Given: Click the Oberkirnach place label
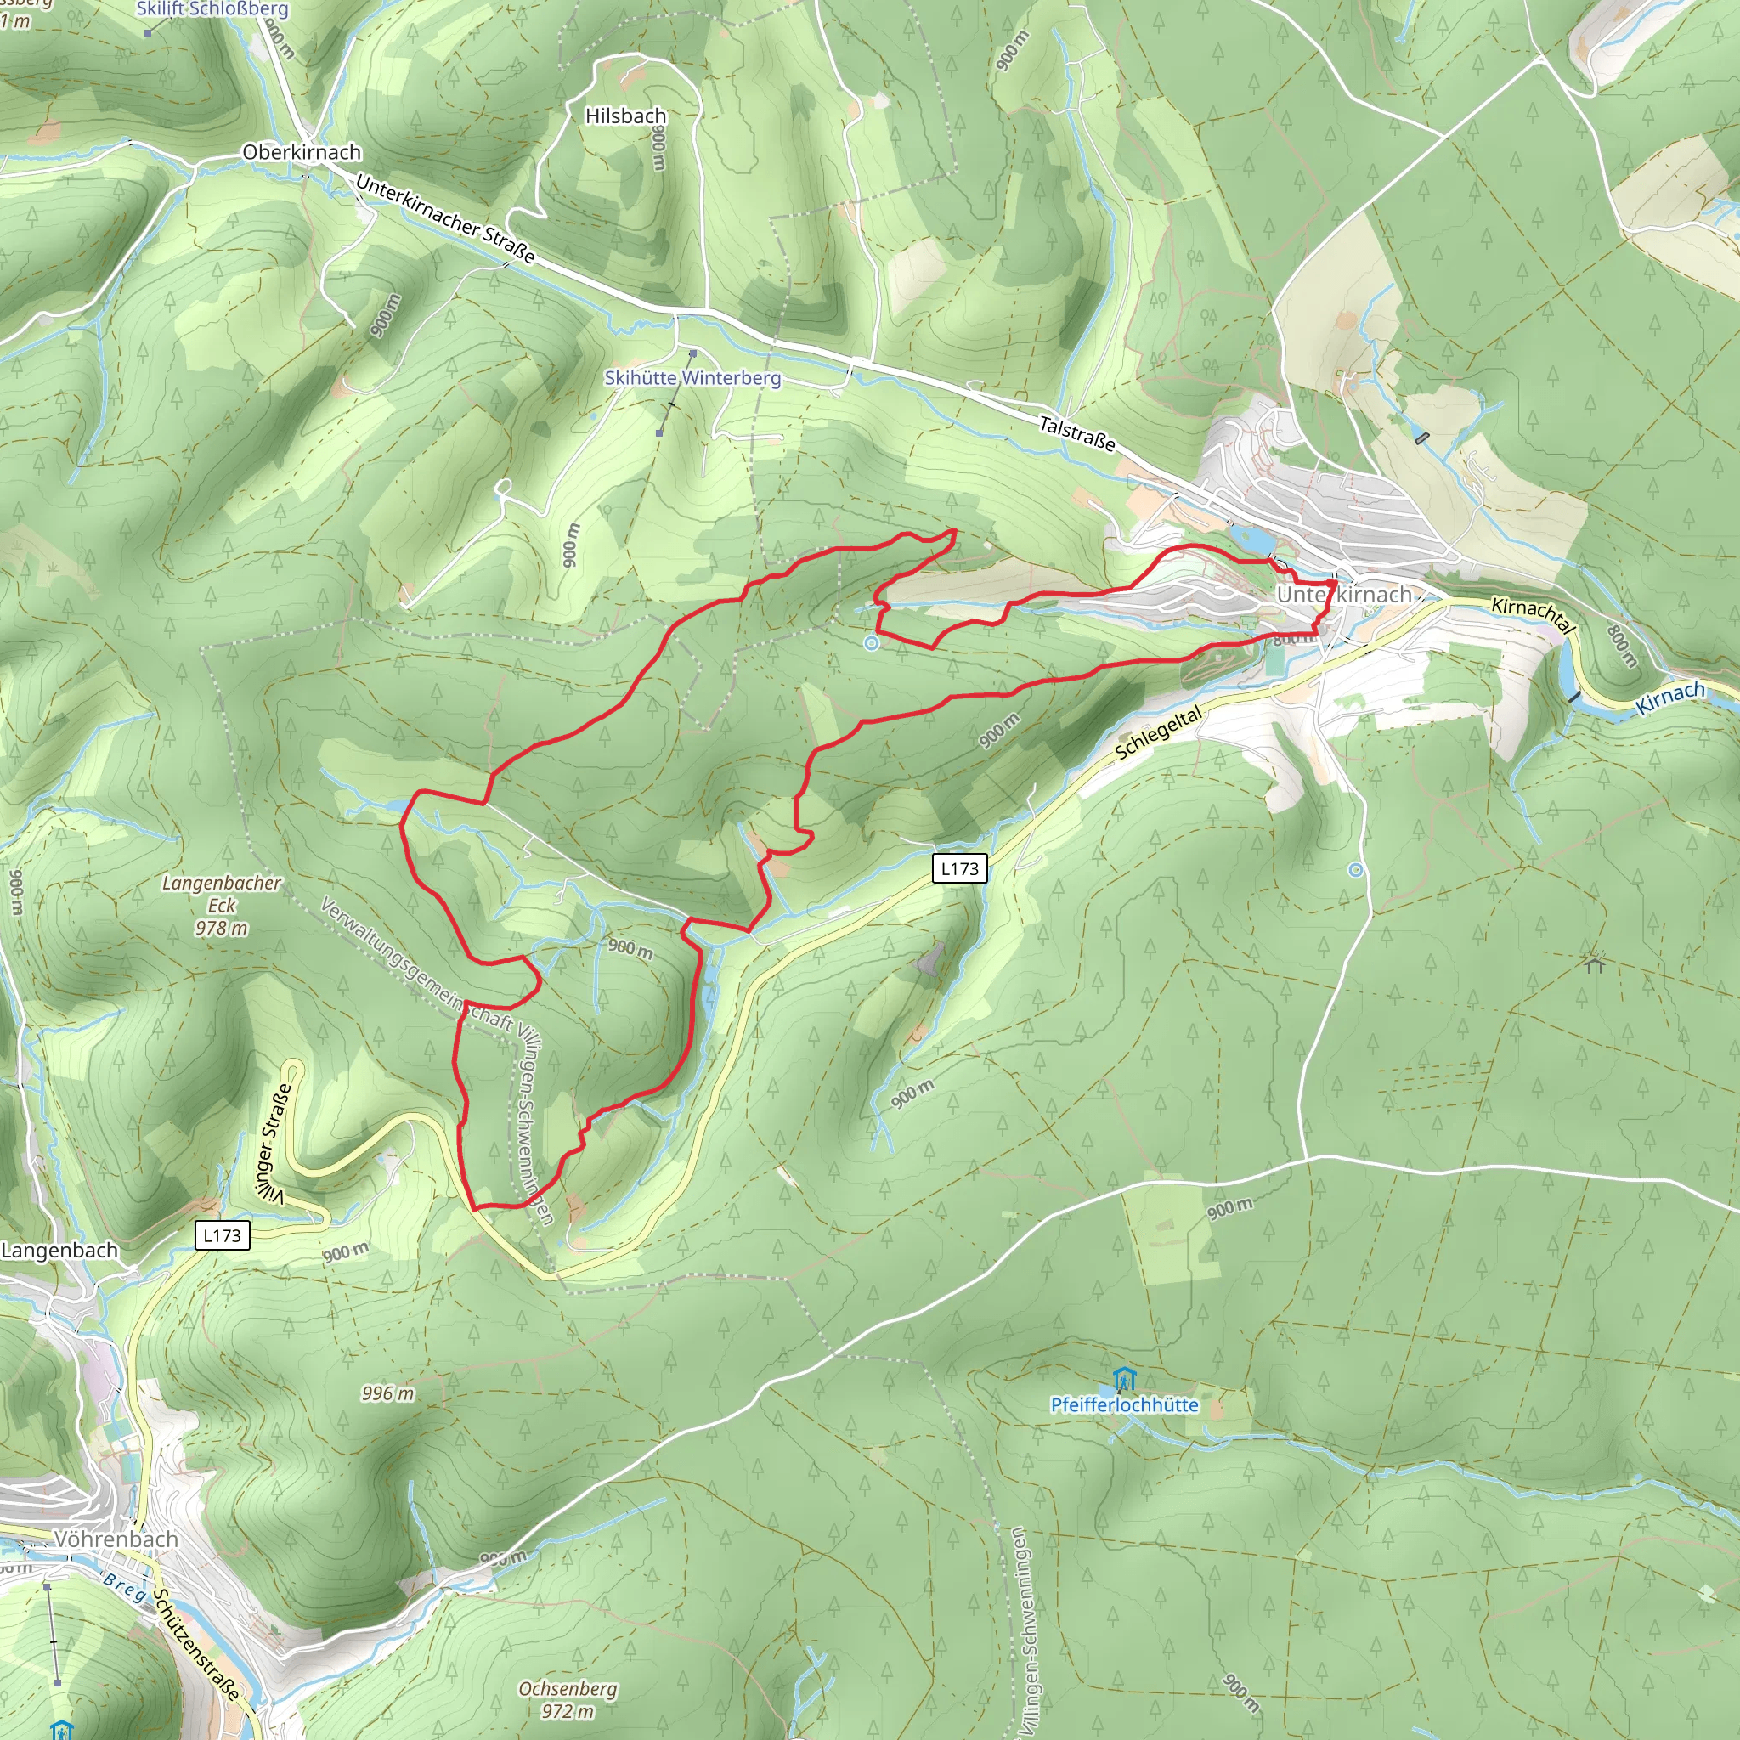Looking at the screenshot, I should [302, 152].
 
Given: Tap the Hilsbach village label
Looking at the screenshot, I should [625, 116].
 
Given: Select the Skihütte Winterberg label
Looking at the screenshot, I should [692, 378].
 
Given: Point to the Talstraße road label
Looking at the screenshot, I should [1077, 433].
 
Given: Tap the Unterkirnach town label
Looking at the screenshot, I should [1344, 595].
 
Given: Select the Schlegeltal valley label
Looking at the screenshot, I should [1159, 732].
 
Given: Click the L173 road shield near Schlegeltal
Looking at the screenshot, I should [959, 868].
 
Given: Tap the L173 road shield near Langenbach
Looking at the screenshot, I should [222, 1234].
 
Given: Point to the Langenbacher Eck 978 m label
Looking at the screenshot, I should [222, 904].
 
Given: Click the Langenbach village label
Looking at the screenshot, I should [59, 1250].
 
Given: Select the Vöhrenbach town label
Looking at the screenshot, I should [116, 1539].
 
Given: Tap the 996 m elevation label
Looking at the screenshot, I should [388, 1393].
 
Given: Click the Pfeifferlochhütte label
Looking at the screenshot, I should [1124, 1405].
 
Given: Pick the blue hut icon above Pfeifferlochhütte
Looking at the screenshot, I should [1123, 1379].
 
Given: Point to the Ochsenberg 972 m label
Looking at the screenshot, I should [568, 1698].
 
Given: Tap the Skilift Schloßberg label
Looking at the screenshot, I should [212, 9].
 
